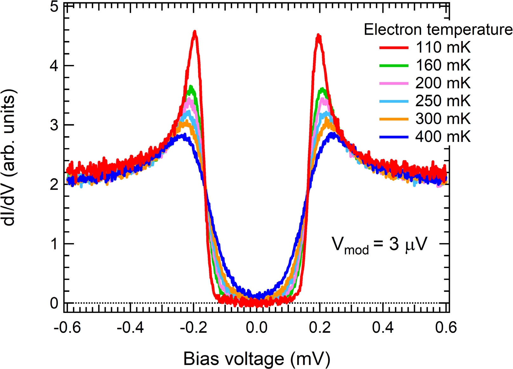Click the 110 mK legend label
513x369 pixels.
(443, 48)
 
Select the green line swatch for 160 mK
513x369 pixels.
(394, 65)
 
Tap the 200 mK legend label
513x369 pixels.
(443, 83)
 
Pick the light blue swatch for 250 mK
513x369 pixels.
(394, 101)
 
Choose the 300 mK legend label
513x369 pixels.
(443, 119)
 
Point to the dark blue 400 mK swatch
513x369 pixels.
(394, 137)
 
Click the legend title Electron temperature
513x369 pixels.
(438, 30)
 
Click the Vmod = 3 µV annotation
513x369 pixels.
(379, 245)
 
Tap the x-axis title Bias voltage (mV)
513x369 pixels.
(256, 359)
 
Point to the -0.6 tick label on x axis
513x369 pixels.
(67, 327)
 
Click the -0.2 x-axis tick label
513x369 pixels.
(193, 327)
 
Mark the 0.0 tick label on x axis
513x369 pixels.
(256, 327)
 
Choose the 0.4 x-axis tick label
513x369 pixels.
(383, 327)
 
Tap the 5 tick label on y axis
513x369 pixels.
(54, 7)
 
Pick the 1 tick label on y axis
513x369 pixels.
(54, 244)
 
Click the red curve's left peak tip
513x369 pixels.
(195, 31)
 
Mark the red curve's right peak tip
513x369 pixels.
(318, 36)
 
